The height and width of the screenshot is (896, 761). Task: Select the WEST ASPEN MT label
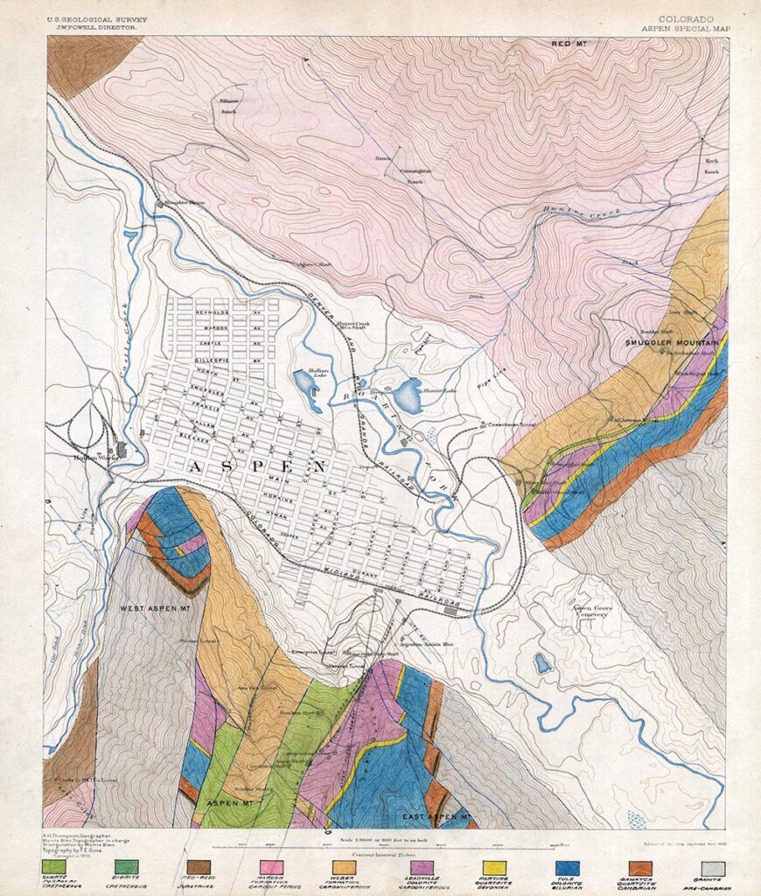[x=157, y=607]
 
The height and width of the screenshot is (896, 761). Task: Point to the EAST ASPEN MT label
[x=437, y=816]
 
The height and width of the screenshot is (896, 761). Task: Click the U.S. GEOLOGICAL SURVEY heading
[x=97, y=19]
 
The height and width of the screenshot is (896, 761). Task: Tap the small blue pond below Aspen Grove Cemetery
[x=544, y=664]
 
